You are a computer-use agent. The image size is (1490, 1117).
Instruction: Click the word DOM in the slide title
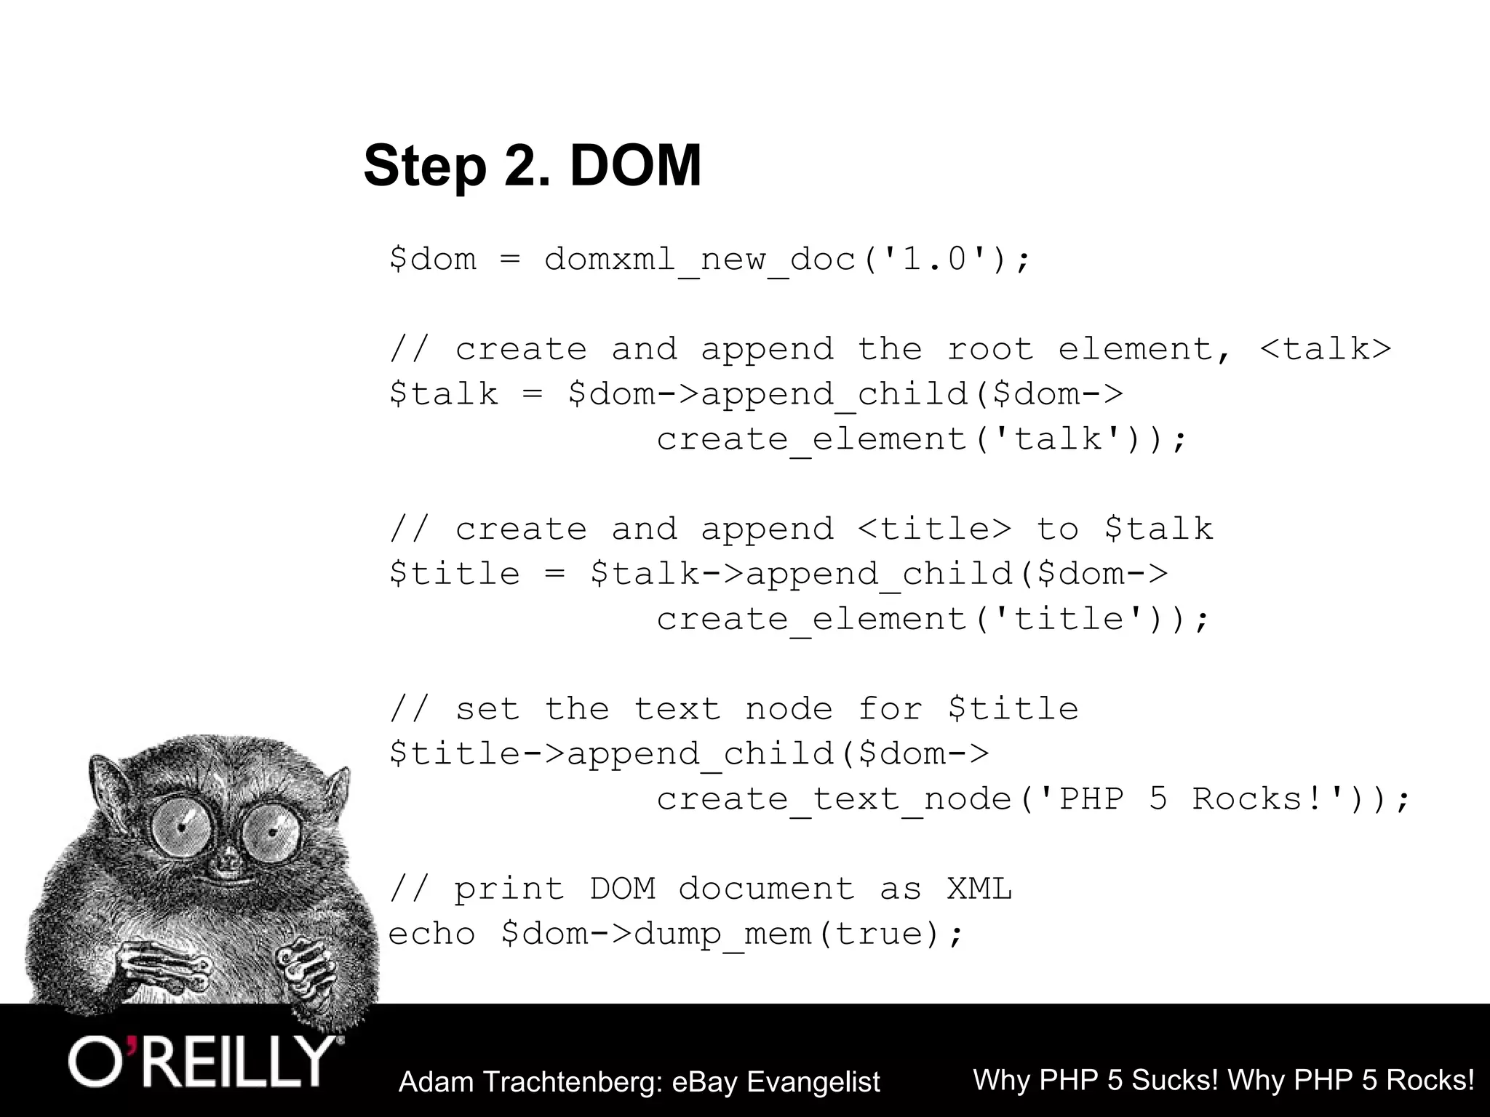point(635,166)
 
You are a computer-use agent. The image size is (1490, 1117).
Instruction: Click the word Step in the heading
point(425,167)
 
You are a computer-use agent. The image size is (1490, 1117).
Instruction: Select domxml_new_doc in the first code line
point(700,260)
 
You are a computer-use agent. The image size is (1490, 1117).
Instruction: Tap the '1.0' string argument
point(935,260)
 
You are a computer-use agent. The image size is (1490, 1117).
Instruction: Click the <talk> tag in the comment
point(1325,349)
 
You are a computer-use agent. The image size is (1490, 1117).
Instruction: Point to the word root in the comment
point(990,349)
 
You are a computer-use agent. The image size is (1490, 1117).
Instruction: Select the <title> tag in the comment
point(935,529)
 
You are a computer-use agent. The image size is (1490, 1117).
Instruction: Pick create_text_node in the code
point(834,799)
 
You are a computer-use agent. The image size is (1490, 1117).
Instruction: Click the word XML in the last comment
point(979,889)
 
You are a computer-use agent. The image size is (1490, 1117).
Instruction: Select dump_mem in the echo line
point(722,934)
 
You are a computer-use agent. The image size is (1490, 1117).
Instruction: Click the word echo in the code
point(431,934)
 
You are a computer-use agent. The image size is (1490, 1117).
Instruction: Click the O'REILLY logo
point(202,1062)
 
